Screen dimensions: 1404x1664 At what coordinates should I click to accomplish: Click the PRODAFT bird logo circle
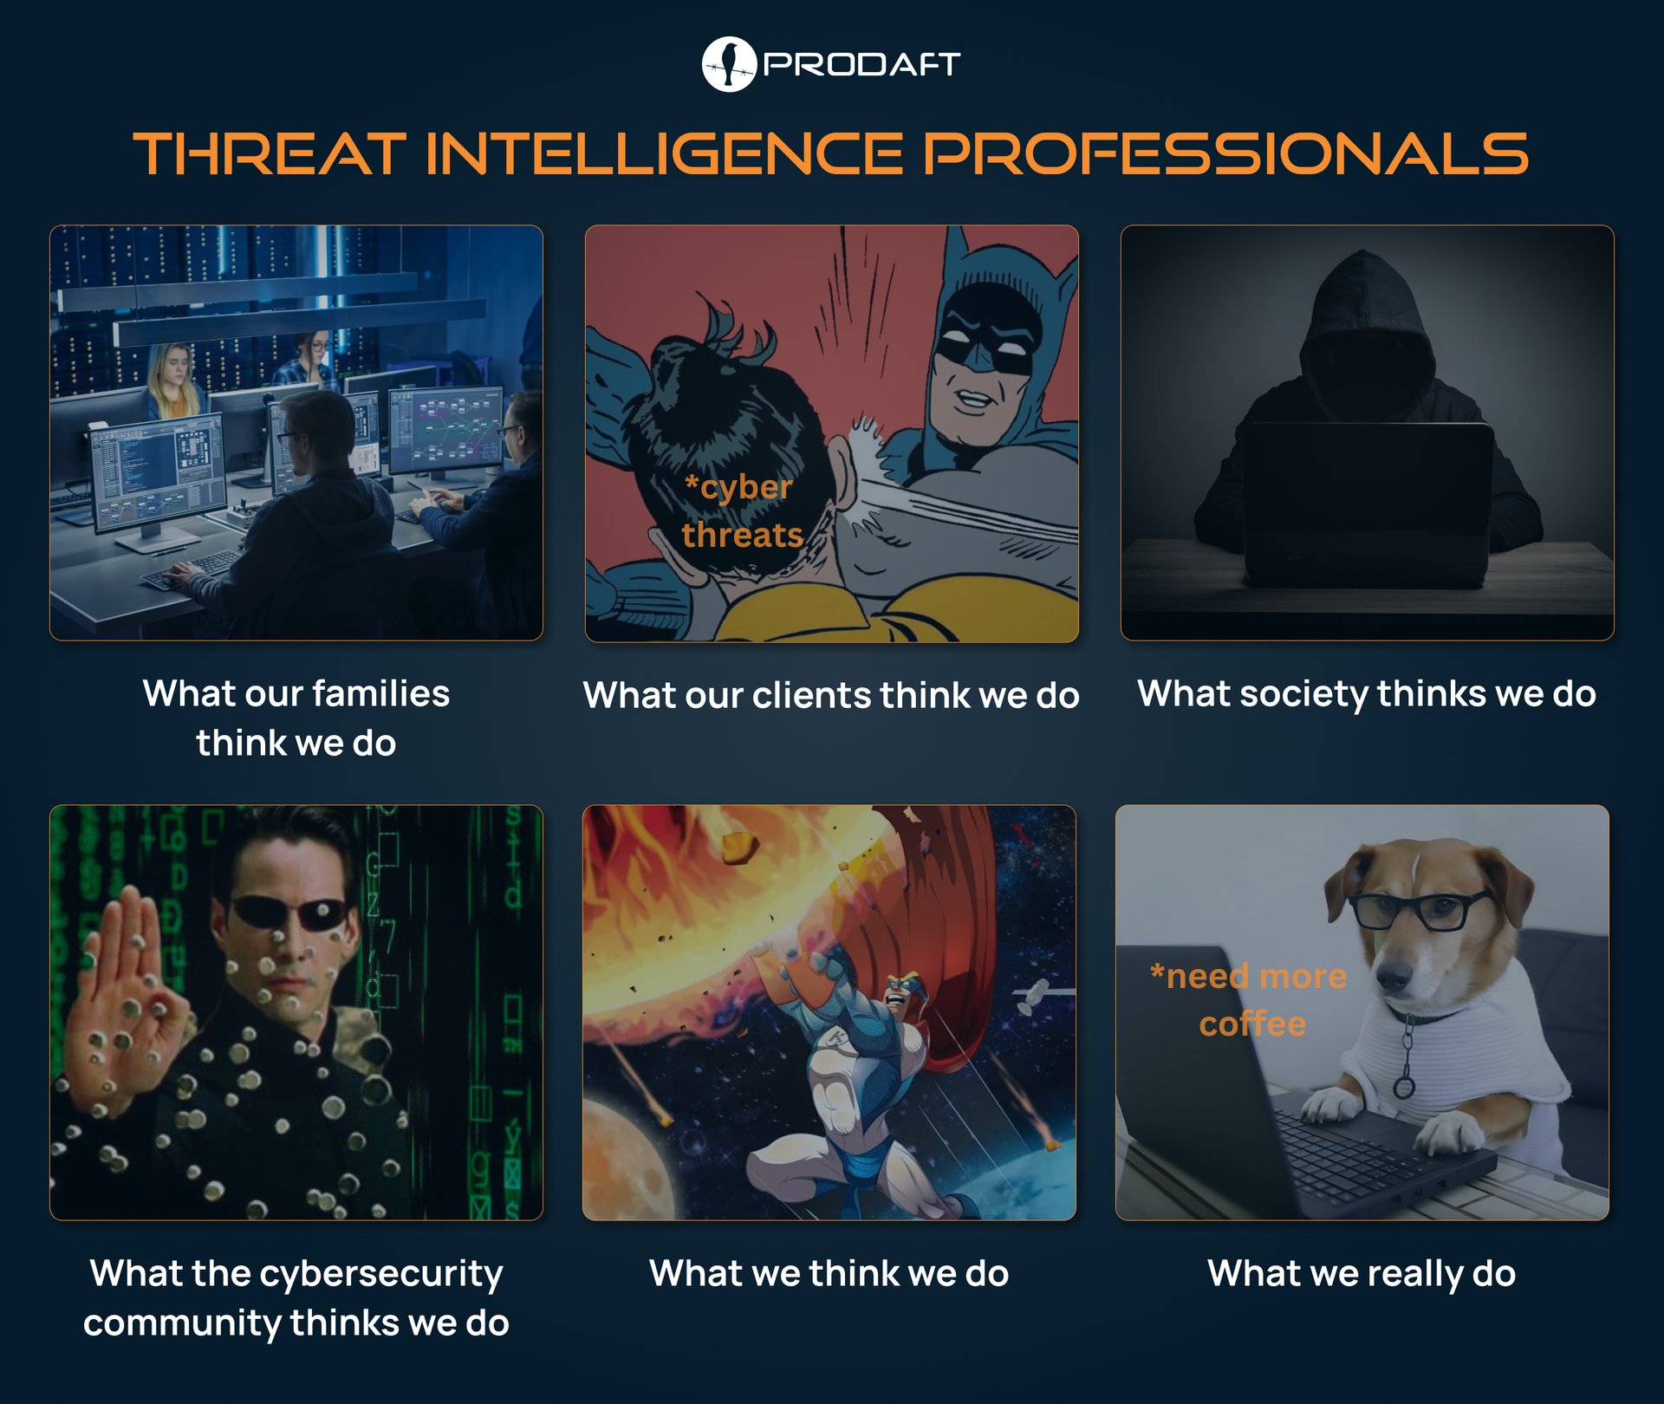728,64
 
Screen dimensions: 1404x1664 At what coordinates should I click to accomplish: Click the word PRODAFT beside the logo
861,64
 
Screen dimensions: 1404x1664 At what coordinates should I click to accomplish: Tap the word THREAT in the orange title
270,154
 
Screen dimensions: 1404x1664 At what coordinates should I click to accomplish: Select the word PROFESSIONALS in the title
1225,154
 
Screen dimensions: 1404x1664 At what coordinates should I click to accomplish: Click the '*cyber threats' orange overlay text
741,511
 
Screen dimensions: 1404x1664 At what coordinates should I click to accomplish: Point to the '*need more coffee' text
1249,999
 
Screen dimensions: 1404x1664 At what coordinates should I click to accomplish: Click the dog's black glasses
1421,910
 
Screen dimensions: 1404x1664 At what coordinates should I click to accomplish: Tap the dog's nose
1393,976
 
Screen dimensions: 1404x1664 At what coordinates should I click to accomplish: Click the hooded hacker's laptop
1367,503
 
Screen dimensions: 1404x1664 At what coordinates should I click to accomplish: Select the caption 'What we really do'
1362,1273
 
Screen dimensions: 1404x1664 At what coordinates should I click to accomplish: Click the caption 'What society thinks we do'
1367,693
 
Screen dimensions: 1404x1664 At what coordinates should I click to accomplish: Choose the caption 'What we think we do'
829,1273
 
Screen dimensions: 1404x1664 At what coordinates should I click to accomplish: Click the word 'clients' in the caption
811,695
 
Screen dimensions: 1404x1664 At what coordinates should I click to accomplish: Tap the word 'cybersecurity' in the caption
381,1273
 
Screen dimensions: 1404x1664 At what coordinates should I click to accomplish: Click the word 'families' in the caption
380,693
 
